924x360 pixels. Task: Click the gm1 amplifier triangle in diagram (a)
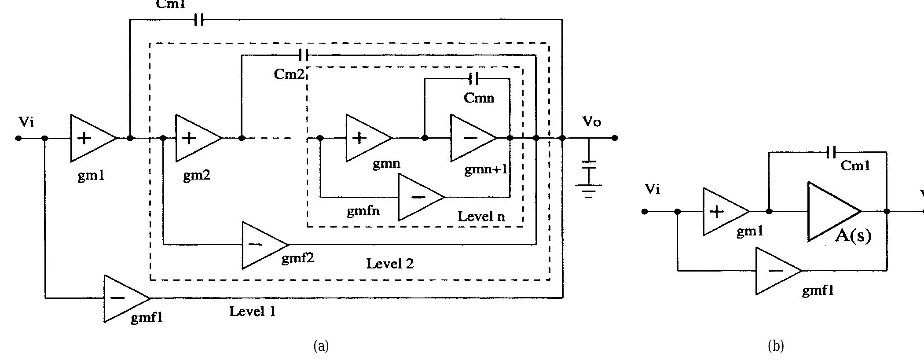click(x=90, y=138)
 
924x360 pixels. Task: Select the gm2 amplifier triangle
click(x=195, y=138)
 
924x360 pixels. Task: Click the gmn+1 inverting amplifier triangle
click(x=470, y=138)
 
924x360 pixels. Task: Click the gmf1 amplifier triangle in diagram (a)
click(x=124, y=298)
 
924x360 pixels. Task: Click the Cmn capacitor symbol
click(x=473, y=79)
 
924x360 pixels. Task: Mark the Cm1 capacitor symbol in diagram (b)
click(x=831, y=152)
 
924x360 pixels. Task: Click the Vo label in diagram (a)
click(x=591, y=121)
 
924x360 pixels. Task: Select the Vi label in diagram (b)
click(x=652, y=189)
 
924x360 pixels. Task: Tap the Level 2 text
click(x=390, y=264)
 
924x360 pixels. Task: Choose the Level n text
click(x=481, y=216)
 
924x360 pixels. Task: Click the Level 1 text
click(x=253, y=312)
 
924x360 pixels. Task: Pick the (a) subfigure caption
click(x=321, y=346)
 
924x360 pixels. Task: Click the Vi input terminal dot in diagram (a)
click(x=18, y=138)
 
